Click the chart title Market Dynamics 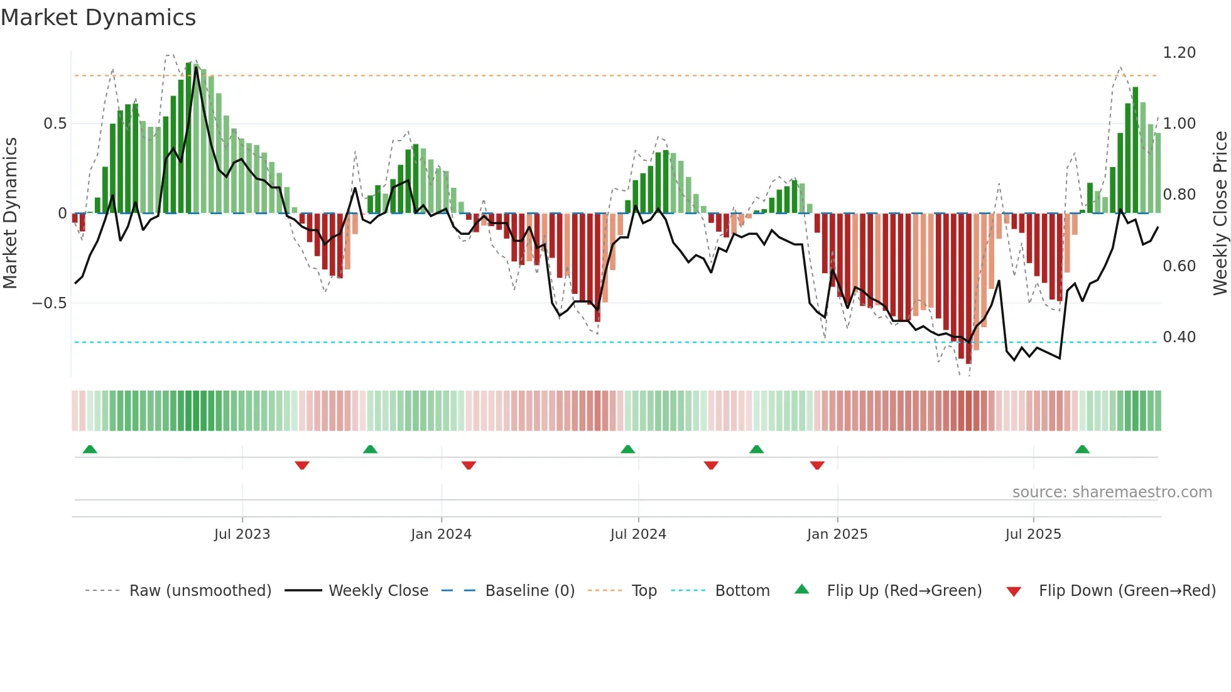pyautogui.click(x=98, y=18)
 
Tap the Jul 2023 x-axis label pyautogui.click(x=242, y=534)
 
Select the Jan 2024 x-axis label pyautogui.click(x=441, y=534)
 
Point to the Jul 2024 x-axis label pyautogui.click(x=638, y=534)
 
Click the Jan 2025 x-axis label pyautogui.click(x=837, y=534)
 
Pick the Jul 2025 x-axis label pyautogui.click(x=1033, y=534)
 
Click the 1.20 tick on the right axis pyautogui.click(x=1179, y=53)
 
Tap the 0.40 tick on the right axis pyautogui.click(x=1179, y=337)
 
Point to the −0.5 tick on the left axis pyautogui.click(x=50, y=303)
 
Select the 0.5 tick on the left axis pyautogui.click(x=55, y=124)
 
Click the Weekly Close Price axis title pyautogui.click(x=1220, y=214)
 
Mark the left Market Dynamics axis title pyautogui.click(x=10, y=214)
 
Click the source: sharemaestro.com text pyautogui.click(x=1112, y=492)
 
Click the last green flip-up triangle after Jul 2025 pyautogui.click(x=1082, y=450)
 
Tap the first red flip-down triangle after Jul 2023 pyautogui.click(x=302, y=465)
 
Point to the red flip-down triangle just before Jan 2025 pyautogui.click(x=817, y=465)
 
